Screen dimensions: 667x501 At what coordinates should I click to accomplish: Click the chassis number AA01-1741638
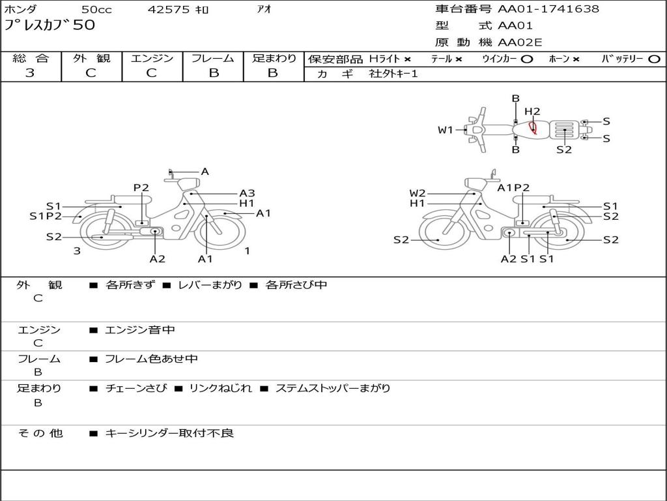[548, 9]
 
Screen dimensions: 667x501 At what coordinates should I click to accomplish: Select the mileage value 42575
[168, 9]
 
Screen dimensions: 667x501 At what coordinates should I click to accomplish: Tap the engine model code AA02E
[520, 42]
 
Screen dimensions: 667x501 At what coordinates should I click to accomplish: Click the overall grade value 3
[30, 73]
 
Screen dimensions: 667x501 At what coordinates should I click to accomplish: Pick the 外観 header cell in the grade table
[91, 58]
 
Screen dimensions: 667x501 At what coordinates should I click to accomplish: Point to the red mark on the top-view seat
[533, 127]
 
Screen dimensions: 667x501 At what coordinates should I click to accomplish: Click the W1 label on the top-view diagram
[446, 130]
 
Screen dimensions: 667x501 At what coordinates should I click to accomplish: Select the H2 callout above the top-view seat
[532, 112]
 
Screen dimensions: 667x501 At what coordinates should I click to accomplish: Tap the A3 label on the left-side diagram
[247, 193]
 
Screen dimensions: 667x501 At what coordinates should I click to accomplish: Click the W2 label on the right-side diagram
[418, 193]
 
